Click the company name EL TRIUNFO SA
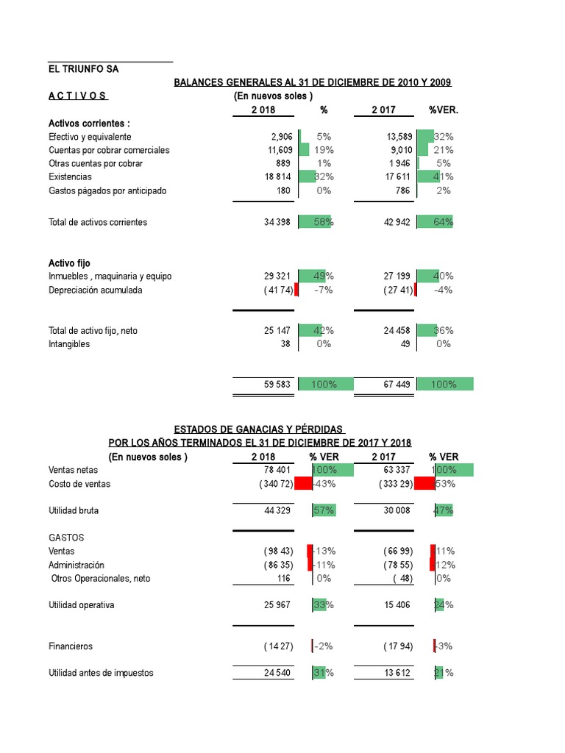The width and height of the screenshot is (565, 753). tap(83, 69)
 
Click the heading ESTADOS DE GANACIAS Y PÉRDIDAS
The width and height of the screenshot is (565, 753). tap(260, 429)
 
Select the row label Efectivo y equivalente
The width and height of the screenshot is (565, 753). tap(90, 137)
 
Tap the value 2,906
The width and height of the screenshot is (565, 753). tap(281, 137)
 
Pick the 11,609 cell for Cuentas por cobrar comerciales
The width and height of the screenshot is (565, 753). tap(280, 150)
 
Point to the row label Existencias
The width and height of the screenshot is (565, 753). tap(71, 176)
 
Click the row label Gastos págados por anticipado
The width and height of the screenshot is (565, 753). tap(107, 190)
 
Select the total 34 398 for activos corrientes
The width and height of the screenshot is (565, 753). tap(277, 222)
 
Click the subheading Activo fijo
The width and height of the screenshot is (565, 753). tap(69, 263)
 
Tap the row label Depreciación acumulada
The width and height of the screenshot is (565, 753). tap(96, 290)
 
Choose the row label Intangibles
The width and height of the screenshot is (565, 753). tap(69, 343)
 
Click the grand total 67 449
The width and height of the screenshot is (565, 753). tap(397, 384)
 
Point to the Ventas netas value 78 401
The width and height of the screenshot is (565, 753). tap(277, 469)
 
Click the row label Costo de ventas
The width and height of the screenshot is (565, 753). tap(79, 484)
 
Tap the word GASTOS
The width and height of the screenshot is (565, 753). tap(66, 538)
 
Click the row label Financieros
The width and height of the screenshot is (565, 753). tap(71, 646)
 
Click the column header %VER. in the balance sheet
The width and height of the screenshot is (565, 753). tap(443, 110)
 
